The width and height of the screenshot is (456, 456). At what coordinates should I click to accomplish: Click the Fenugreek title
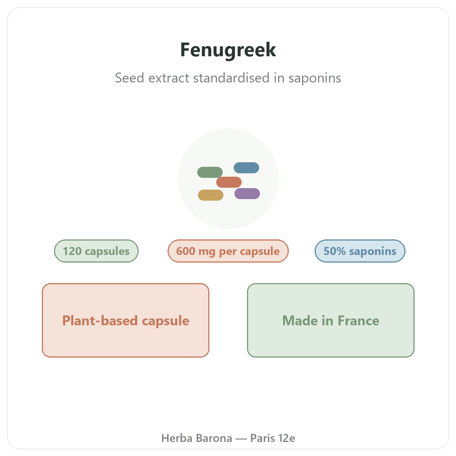pyautogui.click(x=228, y=50)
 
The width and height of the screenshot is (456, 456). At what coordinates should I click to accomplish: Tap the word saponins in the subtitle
pyautogui.click(x=315, y=78)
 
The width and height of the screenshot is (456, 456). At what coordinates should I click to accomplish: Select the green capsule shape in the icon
pyautogui.click(x=210, y=172)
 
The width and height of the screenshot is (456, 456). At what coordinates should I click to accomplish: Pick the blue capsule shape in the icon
pyautogui.click(x=246, y=168)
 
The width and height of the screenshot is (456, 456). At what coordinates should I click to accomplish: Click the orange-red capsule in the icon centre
pyautogui.click(x=229, y=182)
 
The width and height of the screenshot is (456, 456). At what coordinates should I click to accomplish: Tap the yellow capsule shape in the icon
pyautogui.click(x=211, y=195)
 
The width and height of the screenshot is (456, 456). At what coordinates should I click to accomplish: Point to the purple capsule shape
pyautogui.click(x=247, y=193)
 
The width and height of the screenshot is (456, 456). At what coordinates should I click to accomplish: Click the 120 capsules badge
pyautogui.click(x=96, y=251)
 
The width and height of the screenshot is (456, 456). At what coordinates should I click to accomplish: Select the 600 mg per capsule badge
pyautogui.click(x=228, y=251)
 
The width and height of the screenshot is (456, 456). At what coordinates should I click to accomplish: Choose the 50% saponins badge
pyautogui.click(x=360, y=251)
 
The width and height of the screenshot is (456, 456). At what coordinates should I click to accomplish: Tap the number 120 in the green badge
pyautogui.click(x=72, y=251)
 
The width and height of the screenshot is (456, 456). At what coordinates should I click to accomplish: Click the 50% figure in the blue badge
pyautogui.click(x=335, y=251)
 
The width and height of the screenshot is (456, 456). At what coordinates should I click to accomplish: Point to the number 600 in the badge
pyautogui.click(x=185, y=251)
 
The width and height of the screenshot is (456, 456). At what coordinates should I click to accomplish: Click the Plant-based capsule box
pyautogui.click(x=125, y=320)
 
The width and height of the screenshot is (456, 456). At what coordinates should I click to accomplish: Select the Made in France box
pyautogui.click(x=331, y=320)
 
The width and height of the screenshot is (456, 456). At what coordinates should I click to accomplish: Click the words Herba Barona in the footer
pyautogui.click(x=196, y=438)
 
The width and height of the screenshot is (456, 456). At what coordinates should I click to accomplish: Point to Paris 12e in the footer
pyautogui.click(x=272, y=438)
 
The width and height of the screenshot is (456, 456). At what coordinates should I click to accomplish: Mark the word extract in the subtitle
pyautogui.click(x=169, y=78)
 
